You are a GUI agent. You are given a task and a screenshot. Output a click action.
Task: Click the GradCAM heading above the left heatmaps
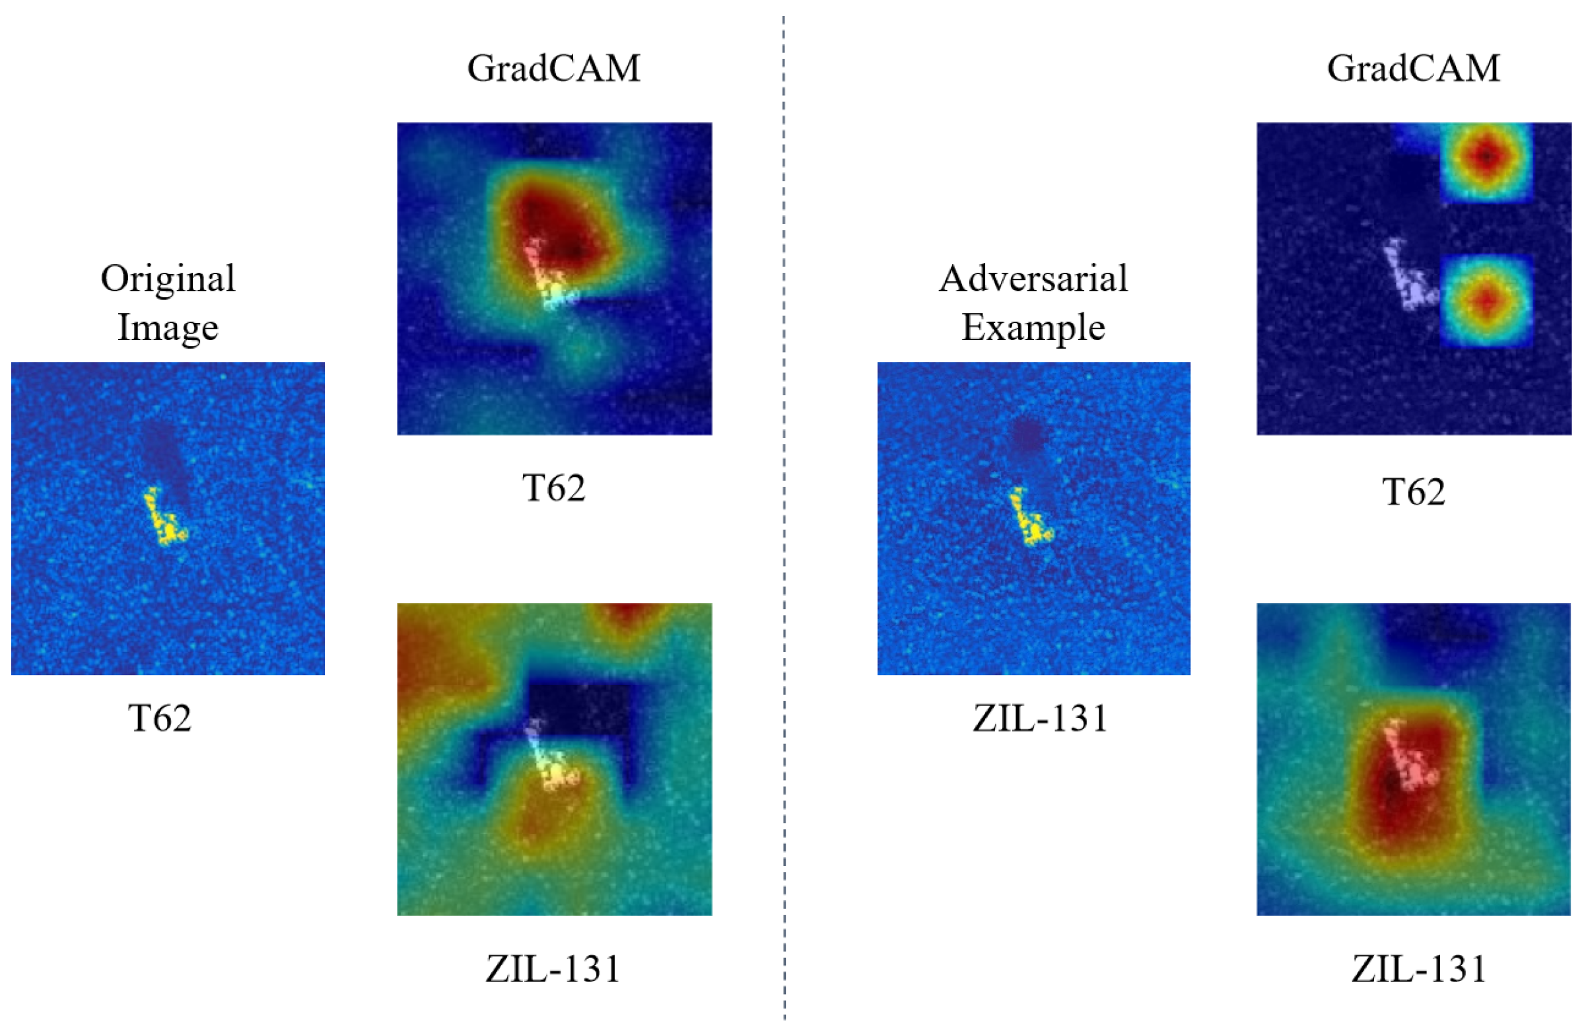554,69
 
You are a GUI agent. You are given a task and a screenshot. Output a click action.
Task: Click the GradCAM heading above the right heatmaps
1413,69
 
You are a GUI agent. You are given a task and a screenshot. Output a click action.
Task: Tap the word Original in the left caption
168,278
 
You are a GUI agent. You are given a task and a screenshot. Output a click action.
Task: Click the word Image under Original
168,327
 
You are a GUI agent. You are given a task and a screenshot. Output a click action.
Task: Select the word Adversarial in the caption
1033,278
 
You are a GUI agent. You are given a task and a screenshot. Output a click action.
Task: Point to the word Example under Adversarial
1033,327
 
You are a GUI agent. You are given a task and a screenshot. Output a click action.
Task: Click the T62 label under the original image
160,718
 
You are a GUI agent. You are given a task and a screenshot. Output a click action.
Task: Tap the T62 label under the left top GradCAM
554,488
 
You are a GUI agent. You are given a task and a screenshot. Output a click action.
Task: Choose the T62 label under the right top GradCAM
1413,493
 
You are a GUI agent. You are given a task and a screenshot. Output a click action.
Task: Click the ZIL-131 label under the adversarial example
1040,718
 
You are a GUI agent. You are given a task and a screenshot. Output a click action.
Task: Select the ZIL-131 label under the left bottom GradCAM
553,969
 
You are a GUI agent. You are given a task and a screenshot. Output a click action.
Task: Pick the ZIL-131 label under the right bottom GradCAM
1419,969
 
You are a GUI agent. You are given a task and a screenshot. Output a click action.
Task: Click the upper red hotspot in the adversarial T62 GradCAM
1485,156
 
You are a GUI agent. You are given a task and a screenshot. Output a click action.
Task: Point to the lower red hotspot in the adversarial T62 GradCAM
1485,301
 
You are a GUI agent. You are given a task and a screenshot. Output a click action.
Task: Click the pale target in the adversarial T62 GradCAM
1408,277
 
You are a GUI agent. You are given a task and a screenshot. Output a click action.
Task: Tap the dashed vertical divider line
784,514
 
